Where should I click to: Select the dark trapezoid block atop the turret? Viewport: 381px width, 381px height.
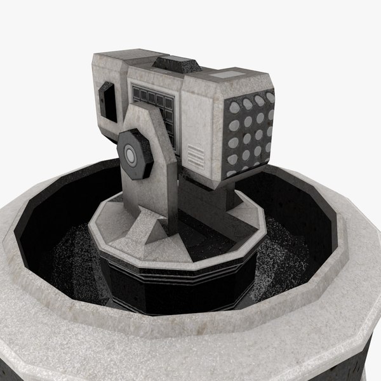[178, 63]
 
